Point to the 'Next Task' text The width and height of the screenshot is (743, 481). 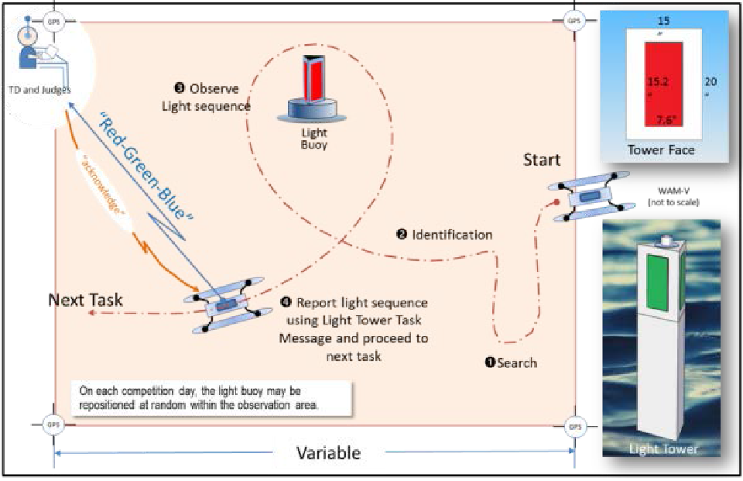point(85,300)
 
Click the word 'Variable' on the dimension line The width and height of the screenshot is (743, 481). point(328,452)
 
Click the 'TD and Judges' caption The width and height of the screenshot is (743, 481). point(39,90)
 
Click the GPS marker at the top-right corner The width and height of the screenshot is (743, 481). point(574,20)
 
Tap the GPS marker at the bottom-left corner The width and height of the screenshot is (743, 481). point(53,424)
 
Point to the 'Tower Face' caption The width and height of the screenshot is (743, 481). point(660,149)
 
